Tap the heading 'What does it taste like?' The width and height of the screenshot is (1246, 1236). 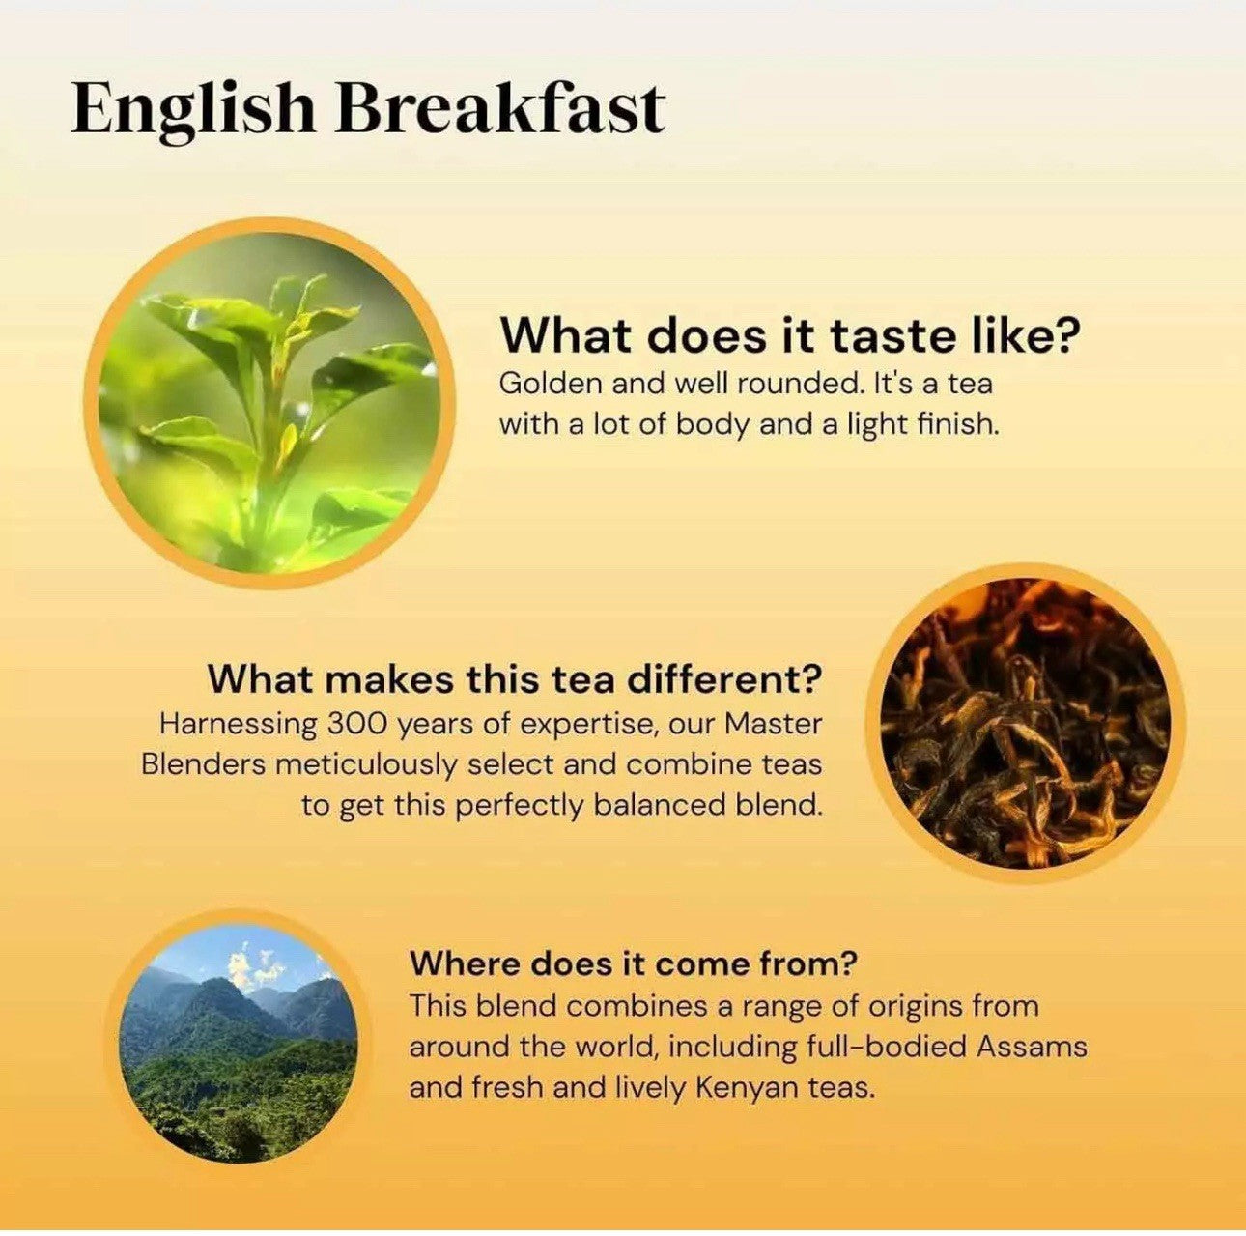click(x=790, y=335)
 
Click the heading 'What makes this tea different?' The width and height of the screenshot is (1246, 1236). click(x=515, y=678)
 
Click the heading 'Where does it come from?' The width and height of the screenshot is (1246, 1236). click(x=634, y=963)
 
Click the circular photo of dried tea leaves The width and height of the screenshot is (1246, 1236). click(x=1026, y=723)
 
